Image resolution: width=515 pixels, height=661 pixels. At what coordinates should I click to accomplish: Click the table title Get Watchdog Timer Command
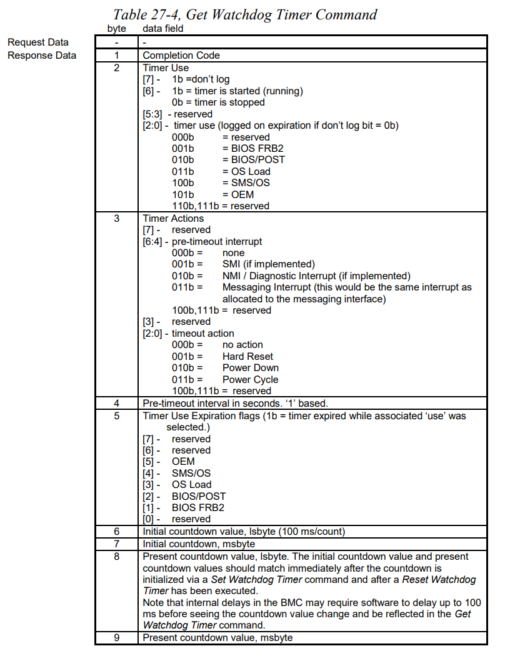[245, 14]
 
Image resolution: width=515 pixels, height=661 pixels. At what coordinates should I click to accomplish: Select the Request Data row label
[38, 42]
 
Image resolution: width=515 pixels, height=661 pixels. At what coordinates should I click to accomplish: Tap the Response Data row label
[42, 55]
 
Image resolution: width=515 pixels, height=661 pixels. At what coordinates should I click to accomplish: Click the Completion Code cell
[181, 55]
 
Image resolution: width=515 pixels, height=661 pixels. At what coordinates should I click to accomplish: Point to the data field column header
[163, 29]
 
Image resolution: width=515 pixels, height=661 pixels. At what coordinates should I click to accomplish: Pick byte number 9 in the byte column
[116, 637]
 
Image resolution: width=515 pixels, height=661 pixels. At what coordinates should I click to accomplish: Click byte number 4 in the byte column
[116, 403]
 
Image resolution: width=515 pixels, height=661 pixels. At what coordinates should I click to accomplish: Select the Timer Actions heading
[173, 218]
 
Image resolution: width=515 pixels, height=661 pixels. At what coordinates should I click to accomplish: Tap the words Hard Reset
[247, 356]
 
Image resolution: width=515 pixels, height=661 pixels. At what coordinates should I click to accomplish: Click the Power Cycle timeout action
[250, 379]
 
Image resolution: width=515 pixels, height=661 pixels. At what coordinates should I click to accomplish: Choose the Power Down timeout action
[250, 367]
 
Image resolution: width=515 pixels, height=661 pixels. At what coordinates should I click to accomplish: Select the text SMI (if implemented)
[268, 264]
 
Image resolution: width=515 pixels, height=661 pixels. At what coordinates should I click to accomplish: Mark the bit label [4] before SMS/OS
[150, 473]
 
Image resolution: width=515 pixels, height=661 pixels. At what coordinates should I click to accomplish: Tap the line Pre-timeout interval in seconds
[235, 403]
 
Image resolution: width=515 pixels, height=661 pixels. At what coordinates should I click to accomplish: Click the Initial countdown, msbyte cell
[201, 543]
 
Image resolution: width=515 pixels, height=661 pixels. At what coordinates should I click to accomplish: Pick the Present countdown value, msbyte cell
[217, 637]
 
